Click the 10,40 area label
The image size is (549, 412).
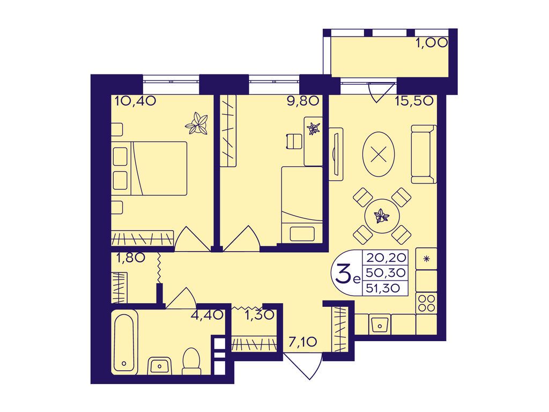point(135,101)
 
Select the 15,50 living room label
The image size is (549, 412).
point(414,101)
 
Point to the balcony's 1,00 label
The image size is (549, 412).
point(432,43)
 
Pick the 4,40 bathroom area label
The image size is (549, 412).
point(206,315)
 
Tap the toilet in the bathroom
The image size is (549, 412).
point(191,360)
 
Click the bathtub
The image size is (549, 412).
point(124,342)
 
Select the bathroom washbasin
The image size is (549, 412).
point(160,365)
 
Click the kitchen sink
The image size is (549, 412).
point(380,324)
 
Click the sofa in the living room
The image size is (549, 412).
point(424,154)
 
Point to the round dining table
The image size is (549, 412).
point(382,216)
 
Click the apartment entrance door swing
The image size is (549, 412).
point(303,366)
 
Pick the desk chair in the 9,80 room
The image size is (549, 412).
point(293,142)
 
